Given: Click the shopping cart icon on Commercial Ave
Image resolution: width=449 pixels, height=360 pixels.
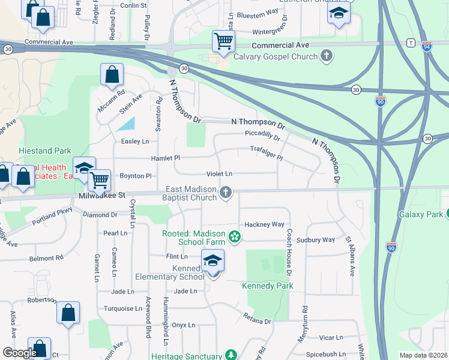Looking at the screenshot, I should (x=223, y=41).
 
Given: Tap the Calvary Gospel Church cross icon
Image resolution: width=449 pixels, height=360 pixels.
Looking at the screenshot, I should (x=327, y=57).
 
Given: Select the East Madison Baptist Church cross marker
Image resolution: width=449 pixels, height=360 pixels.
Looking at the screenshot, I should (x=226, y=192).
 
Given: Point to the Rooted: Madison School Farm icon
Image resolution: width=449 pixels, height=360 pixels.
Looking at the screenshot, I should (x=235, y=238).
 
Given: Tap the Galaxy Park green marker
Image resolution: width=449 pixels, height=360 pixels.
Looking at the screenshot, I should (x=448, y=214).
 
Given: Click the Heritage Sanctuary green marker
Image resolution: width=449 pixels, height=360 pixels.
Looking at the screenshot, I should (x=229, y=355).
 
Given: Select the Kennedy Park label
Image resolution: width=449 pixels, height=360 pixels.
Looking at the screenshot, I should (x=268, y=286).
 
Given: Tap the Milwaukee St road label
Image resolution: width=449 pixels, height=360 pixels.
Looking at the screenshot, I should (x=101, y=196).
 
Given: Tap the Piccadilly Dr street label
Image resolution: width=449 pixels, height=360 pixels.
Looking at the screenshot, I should (x=262, y=135).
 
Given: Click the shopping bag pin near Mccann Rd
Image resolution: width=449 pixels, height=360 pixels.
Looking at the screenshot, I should (x=112, y=76).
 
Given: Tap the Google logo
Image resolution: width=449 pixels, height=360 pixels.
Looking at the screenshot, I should (x=20, y=353).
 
